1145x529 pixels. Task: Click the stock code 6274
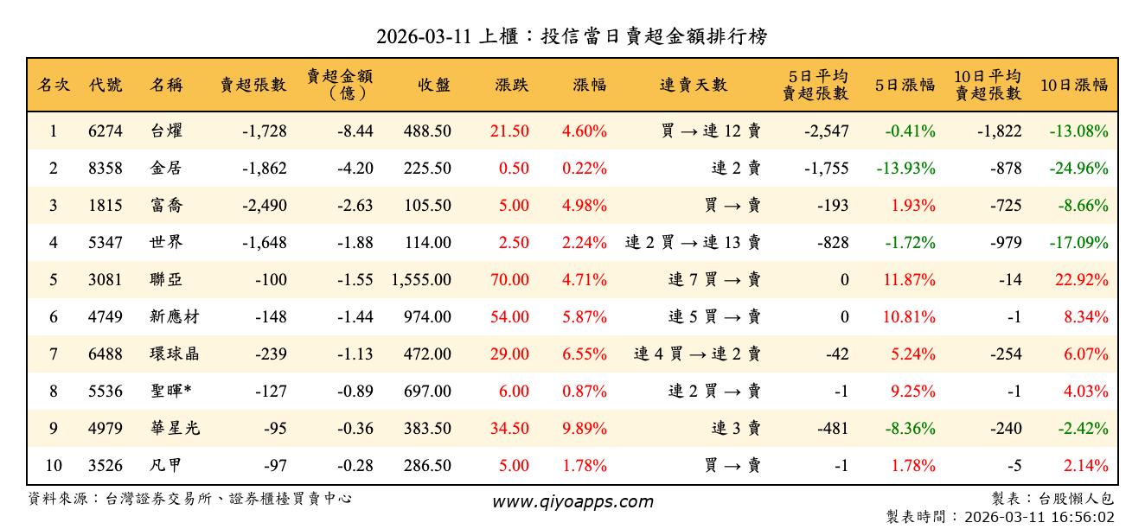point(106,131)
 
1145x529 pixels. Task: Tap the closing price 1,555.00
point(421,280)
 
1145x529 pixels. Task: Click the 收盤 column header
point(433,85)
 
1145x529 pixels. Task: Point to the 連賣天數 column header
point(694,85)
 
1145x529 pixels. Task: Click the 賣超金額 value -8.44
point(355,131)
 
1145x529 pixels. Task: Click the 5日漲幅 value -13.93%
point(905,169)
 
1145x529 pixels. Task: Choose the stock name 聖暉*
point(170,392)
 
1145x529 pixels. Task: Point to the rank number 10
point(54,466)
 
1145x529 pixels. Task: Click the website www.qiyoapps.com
point(572,502)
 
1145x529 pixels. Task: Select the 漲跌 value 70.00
point(510,280)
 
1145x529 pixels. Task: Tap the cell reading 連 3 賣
point(736,429)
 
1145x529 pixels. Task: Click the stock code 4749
point(106,317)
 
